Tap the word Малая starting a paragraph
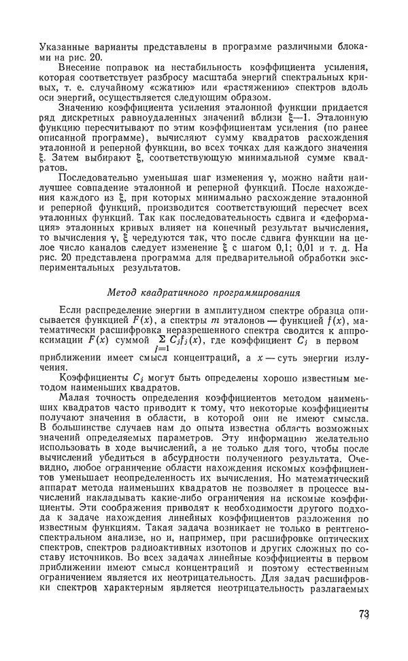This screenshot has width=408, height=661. pos(75,394)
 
